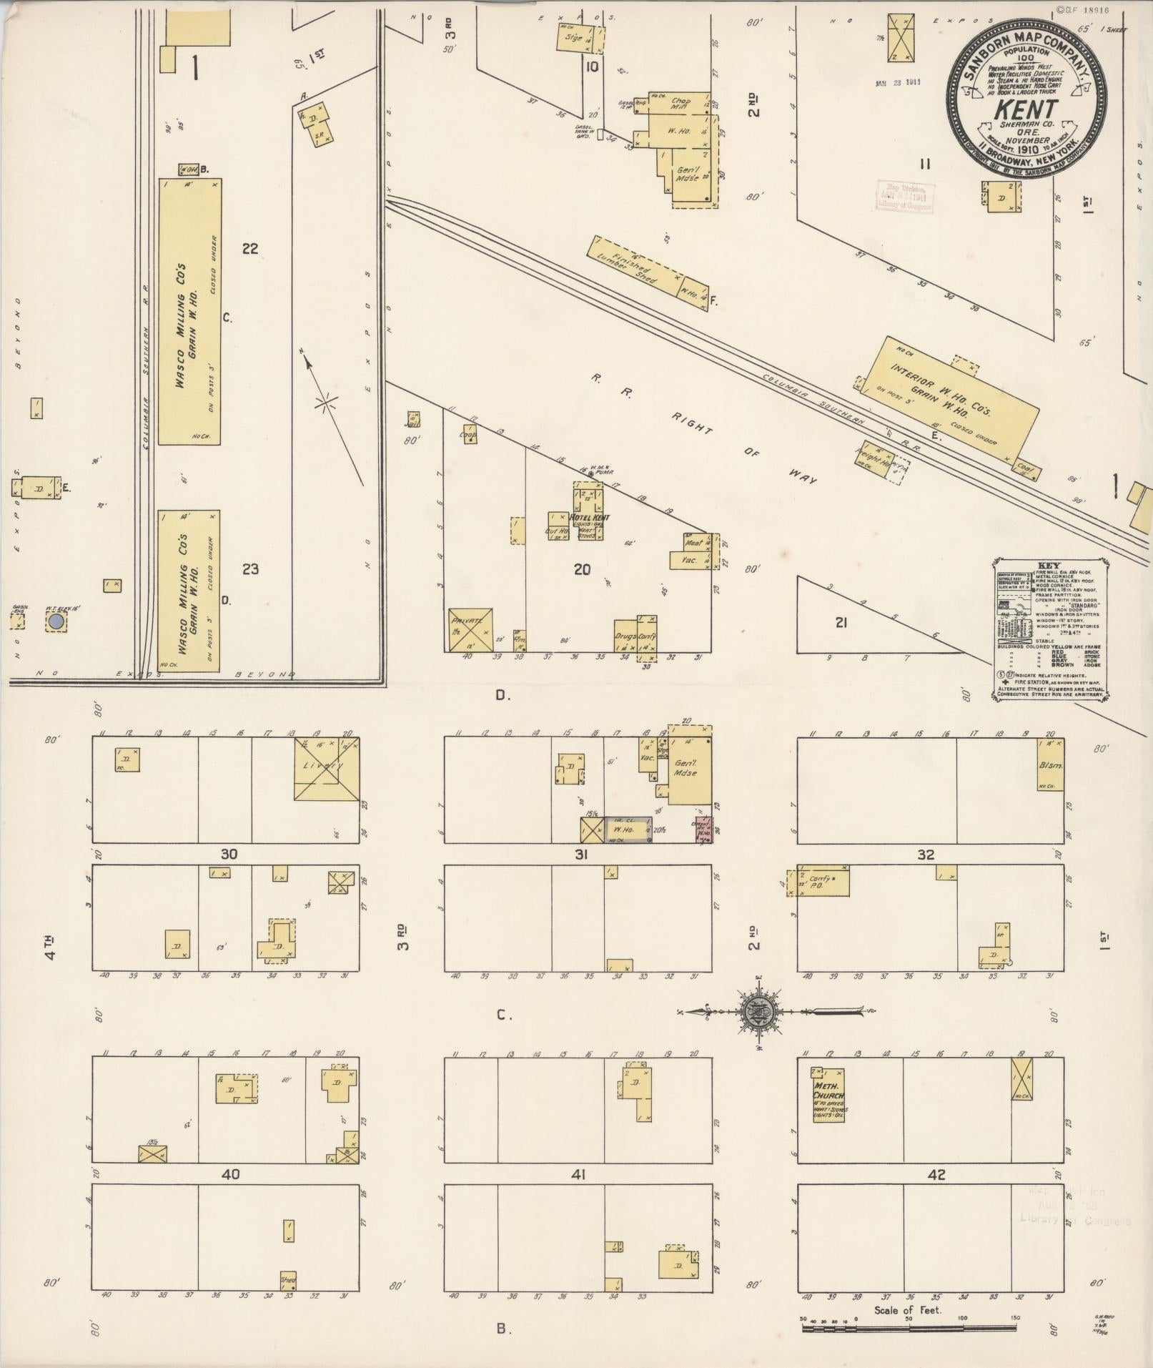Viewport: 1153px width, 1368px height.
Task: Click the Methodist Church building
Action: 828,1105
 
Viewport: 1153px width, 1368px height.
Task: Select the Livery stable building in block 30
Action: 326,769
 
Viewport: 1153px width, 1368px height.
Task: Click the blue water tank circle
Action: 56,623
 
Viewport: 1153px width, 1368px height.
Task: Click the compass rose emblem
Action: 756,1012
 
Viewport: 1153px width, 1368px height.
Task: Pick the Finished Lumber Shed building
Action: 633,265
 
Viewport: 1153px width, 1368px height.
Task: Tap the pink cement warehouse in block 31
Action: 704,830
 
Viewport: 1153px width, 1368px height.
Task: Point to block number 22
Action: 249,249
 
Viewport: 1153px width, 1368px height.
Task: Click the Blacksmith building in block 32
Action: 1050,765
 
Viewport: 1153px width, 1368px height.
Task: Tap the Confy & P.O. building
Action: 823,880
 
